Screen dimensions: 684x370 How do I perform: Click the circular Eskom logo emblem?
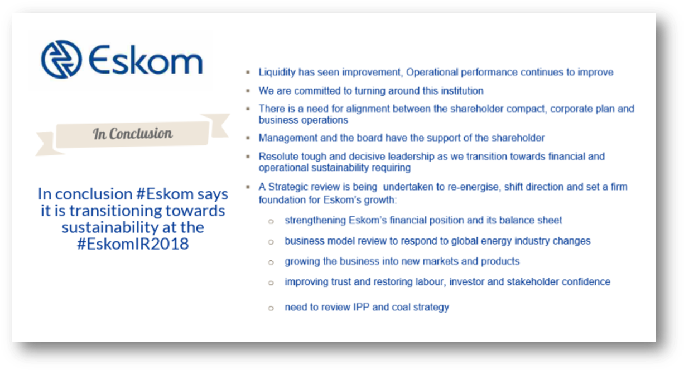coord(62,59)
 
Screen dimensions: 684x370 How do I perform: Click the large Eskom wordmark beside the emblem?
coord(146,60)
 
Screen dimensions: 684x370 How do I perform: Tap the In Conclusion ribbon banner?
coord(133,134)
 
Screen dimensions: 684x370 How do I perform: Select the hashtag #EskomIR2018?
coord(133,244)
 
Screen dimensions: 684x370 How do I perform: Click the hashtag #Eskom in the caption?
coord(165,194)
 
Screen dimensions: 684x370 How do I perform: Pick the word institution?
coord(462,91)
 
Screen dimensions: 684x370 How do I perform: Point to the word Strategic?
coord(288,187)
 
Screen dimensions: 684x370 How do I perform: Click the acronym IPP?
coord(361,307)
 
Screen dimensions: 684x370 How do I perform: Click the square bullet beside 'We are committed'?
coord(248,91)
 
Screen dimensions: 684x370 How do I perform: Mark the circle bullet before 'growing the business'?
coord(271,262)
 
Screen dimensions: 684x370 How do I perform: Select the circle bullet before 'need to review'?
coord(271,308)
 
